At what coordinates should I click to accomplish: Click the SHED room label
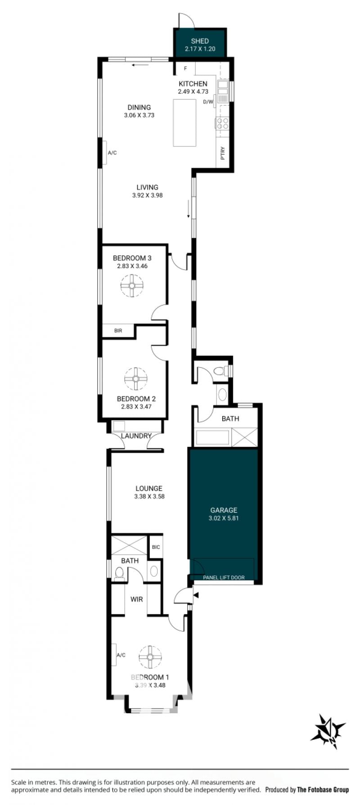pyautogui.click(x=200, y=41)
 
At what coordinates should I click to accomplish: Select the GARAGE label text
pyautogui.click(x=224, y=510)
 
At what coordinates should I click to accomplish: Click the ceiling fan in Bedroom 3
pyautogui.click(x=132, y=285)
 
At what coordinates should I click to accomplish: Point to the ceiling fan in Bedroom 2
pyautogui.click(x=136, y=379)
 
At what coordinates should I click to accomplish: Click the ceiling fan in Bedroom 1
pyautogui.click(x=150, y=657)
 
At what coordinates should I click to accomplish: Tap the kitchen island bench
pyautogui.click(x=185, y=123)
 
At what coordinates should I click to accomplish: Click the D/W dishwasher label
pyautogui.click(x=208, y=102)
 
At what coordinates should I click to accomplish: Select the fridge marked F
pyautogui.click(x=184, y=68)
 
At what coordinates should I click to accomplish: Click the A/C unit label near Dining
pyautogui.click(x=112, y=153)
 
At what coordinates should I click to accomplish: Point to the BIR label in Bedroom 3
pyautogui.click(x=118, y=331)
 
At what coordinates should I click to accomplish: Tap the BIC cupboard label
pyautogui.click(x=156, y=547)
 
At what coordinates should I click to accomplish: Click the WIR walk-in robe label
pyautogui.click(x=137, y=599)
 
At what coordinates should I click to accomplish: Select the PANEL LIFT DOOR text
pyautogui.click(x=224, y=577)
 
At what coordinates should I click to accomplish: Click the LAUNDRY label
pyautogui.click(x=136, y=436)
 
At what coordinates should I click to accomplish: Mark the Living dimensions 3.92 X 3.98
pyautogui.click(x=148, y=195)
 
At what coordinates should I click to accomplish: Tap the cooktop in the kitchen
pyautogui.click(x=223, y=123)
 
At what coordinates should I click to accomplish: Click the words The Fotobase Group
pyautogui.click(x=323, y=789)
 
